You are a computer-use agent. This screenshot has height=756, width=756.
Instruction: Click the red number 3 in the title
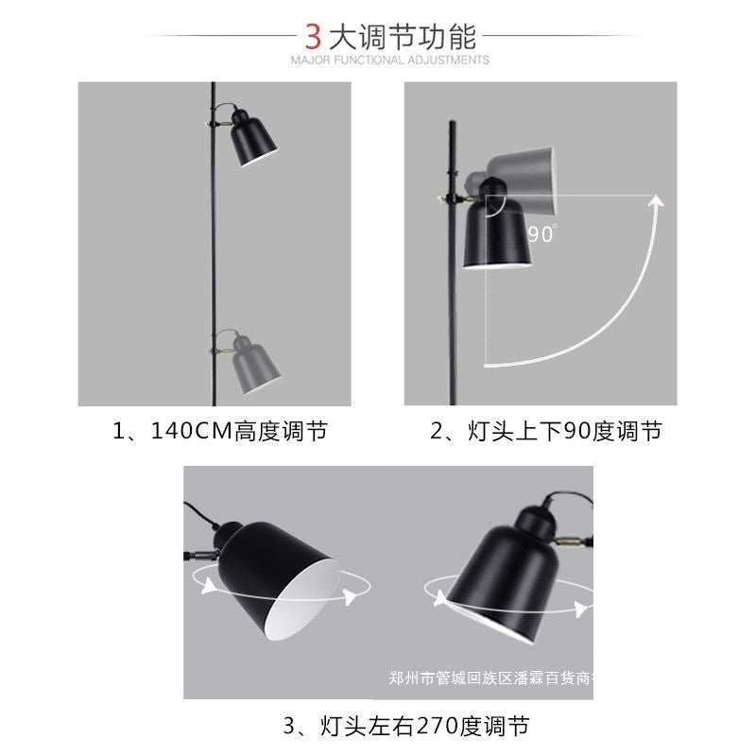pyautogui.click(x=314, y=37)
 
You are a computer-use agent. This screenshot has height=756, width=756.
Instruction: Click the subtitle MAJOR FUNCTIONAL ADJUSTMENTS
pyautogui.click(x=390, y=60)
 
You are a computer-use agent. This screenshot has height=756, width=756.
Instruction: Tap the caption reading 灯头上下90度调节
pyautogui.click(x=546, y=432)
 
